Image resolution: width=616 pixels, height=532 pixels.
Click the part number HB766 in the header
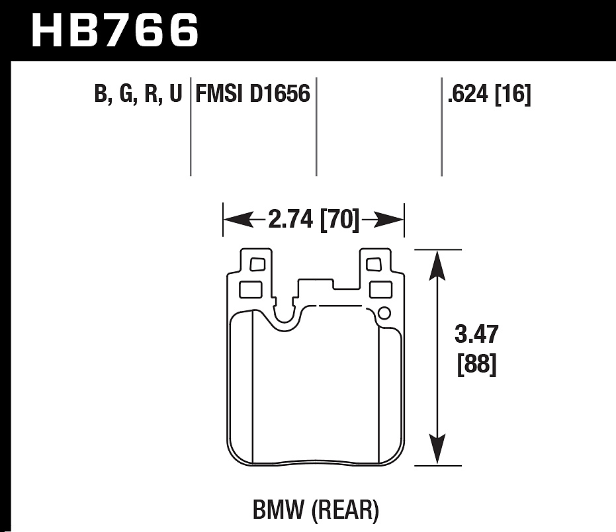[114, 30]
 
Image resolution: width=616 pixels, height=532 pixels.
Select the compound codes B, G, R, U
[138, 95]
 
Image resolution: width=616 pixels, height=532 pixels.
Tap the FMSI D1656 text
[252, 94]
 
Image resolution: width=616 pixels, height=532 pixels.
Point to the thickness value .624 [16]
[489, 95]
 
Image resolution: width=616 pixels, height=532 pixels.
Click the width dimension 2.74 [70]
[314, 219]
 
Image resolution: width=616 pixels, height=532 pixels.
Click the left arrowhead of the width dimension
[232, 219]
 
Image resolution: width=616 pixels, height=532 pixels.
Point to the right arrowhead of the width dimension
[395, 219]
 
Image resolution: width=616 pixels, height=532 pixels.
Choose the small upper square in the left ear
[257, 265]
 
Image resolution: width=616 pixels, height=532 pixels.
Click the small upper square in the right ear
[373, 265]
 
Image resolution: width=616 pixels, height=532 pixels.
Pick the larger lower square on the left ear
[249, 289]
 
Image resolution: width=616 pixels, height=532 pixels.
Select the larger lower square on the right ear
[380, 289]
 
